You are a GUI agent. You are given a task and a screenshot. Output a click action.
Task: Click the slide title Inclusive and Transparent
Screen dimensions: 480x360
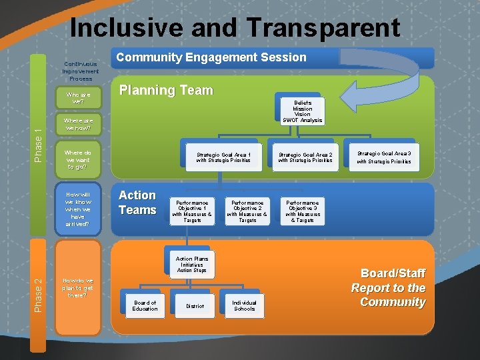click(235, 27)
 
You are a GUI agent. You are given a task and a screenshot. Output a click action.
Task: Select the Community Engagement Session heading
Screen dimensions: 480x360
click(211, 57)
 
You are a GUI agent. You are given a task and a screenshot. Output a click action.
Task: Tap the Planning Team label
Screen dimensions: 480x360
click(165, 91)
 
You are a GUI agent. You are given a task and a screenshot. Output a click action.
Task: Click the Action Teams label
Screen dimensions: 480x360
click(137, 203)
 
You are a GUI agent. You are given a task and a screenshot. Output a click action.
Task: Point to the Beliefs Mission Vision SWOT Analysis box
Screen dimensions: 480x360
click(302, 111)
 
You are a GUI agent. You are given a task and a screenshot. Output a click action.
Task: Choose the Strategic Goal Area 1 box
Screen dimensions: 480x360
click(223, 157)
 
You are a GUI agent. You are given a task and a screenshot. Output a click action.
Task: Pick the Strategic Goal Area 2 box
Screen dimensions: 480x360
click(305, 157)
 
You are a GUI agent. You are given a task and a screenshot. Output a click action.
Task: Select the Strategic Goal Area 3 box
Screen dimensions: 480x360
click(384, 157)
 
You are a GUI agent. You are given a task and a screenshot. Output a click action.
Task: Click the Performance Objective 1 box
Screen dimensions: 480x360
click(192, 211)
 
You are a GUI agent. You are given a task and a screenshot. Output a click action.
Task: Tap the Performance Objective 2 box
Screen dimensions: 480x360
click(247, 211)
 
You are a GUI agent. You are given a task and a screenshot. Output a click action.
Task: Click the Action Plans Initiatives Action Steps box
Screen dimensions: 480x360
click(192, 264)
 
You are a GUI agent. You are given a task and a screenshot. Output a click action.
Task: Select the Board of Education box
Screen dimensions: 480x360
click(145, 305)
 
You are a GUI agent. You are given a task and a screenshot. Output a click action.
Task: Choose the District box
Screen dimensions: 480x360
click(195, 306)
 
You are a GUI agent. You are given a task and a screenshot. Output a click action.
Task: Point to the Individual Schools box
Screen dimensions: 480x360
click(244, 305)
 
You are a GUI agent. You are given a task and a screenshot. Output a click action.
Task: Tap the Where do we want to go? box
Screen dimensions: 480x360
click(77, 160)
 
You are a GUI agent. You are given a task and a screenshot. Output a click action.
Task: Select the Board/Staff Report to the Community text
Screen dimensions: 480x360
click(389, 288)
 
